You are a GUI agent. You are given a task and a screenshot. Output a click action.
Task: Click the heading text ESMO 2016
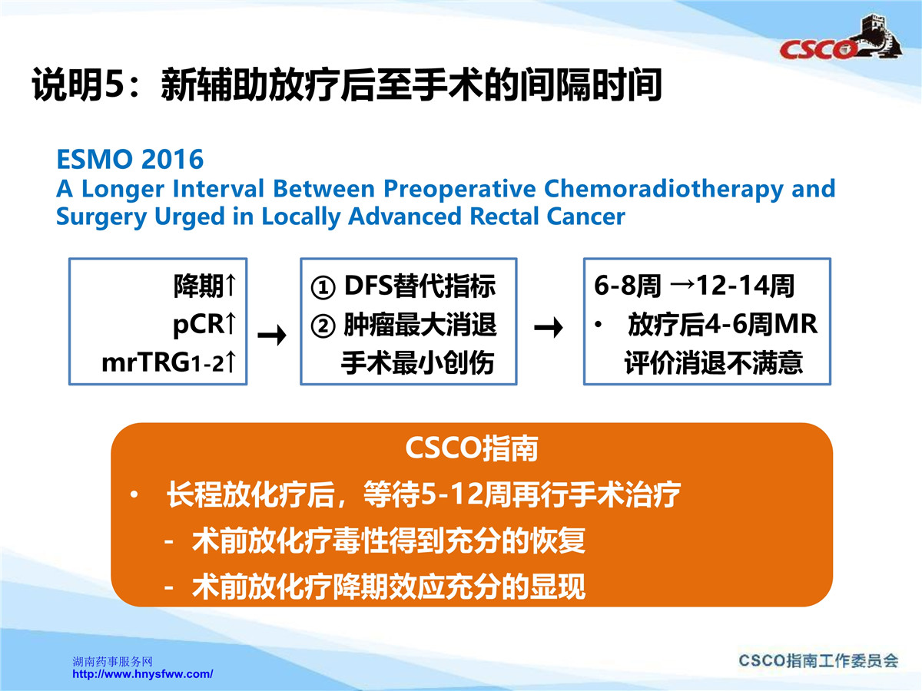(x=130, y=160)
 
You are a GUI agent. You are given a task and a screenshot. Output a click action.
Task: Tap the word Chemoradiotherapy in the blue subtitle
(x=663, y=189)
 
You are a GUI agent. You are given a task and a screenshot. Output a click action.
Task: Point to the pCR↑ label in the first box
(x=204, y=324)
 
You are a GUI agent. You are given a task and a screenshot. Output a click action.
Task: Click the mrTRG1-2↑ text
(x=169, y=362)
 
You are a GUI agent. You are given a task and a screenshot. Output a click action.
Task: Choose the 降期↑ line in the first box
(x=205, y=286)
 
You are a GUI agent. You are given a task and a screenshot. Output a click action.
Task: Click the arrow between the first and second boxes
(x=272, y=335)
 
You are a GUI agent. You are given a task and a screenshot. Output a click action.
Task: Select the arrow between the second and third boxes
(x=549, y=327)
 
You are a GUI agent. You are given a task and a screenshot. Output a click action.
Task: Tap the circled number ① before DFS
(x=323, y=288)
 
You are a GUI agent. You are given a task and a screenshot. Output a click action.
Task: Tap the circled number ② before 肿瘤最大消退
(x=323, y=326)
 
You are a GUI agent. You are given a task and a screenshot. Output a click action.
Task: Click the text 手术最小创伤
(x=417, y=363)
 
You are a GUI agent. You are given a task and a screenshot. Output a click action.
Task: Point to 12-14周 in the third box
(x=745, y=286)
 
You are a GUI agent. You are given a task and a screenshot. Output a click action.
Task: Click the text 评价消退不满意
(x=714, y=362)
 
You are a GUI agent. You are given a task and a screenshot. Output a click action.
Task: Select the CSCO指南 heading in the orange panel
(x=472, y=448)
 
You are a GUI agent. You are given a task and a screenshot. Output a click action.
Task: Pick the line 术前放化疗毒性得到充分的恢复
(x=389, y=541)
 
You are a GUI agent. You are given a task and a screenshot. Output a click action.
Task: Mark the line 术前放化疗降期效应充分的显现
(x=389, y=587)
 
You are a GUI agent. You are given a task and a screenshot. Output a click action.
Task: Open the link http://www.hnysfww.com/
(x=142, y=674)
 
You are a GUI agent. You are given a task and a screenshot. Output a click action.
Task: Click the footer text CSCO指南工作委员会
(x=818, y=660)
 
